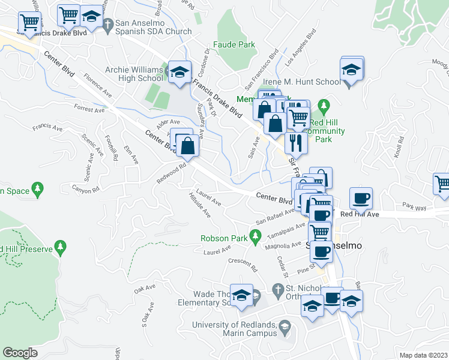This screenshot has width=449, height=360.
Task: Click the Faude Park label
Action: (x=234, y=44)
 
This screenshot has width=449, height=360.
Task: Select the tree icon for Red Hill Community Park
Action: (x=325, y=107)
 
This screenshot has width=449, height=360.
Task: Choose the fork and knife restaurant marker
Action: (x=295, y=142)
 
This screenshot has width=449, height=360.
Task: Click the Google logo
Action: (x=20, y=352)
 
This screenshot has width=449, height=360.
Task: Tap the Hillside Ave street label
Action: (x=200, y=205)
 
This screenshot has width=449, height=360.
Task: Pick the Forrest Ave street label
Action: (x=89, y=109)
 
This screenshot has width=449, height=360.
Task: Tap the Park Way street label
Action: (x=415, y=208)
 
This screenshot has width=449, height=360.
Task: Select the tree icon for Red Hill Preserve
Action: (x=59, y=246)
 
